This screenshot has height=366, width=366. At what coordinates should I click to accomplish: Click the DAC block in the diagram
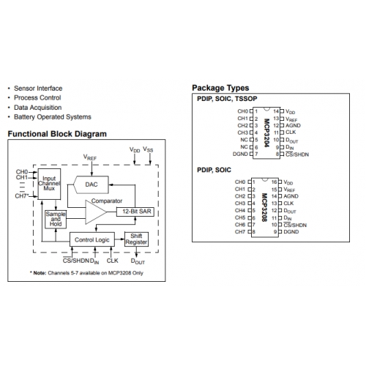click(x=91, y=184)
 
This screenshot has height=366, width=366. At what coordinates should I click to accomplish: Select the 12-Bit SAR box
click(x=135, y=212)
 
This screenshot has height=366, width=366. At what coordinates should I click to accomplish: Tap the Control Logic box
click(x=92, y=239)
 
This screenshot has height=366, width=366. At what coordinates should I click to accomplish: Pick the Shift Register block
click(x=136, y=239)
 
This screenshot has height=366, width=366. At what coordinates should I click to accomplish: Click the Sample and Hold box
click(x=56, y=220)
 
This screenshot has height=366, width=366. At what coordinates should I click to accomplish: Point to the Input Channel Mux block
click(x=49, y=184)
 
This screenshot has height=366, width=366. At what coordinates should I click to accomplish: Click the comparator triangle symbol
click(x=96, y=212)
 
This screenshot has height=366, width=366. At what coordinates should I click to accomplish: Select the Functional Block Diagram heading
click(x=57, y=134)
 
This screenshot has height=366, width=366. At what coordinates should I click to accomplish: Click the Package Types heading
click(x=220, y=88)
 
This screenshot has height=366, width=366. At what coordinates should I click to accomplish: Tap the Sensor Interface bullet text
click(x=38, y=89)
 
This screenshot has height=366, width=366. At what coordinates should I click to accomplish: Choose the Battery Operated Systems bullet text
click(x=53, y=117)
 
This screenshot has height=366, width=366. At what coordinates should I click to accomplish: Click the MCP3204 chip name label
click(x=266, y=132)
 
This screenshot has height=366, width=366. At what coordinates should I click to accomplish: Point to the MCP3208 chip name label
click(x=265, y=207)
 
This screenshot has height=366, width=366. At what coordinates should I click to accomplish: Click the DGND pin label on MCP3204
click(x=240, y=154)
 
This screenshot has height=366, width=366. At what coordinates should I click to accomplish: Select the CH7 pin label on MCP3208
click(x=240, y=231)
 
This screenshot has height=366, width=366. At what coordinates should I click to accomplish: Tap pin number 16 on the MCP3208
click(x=274, y=182)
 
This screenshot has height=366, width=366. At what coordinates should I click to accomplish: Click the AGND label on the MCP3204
click(x=293, y=125)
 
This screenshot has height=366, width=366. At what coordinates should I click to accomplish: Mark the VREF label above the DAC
click(x=90, y=157)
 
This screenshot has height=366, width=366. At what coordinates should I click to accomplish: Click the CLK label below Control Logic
click(x=112, y=261)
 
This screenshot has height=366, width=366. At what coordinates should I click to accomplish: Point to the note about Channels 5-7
click(x=86, y=273)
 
